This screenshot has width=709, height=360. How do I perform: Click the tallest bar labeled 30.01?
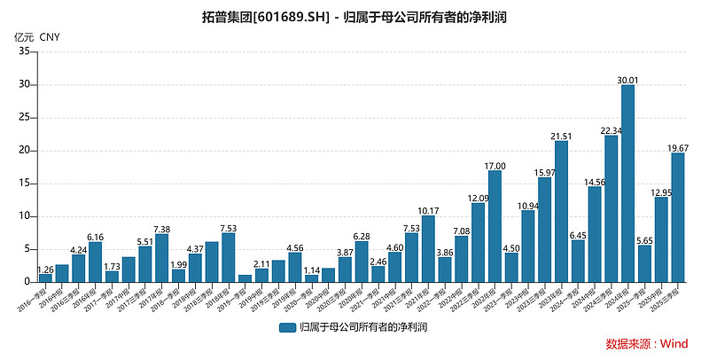627,184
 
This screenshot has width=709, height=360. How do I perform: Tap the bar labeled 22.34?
611,208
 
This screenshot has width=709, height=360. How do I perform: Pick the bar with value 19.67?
677,217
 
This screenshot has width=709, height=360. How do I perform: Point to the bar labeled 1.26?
45,278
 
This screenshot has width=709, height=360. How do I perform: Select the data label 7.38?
161,228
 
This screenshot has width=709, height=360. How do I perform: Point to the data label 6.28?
362,235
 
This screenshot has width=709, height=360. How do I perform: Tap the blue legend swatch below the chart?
287,327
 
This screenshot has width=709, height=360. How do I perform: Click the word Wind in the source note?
674,344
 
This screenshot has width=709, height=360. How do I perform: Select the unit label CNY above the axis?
51,36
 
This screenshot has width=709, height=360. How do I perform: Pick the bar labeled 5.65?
644,263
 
